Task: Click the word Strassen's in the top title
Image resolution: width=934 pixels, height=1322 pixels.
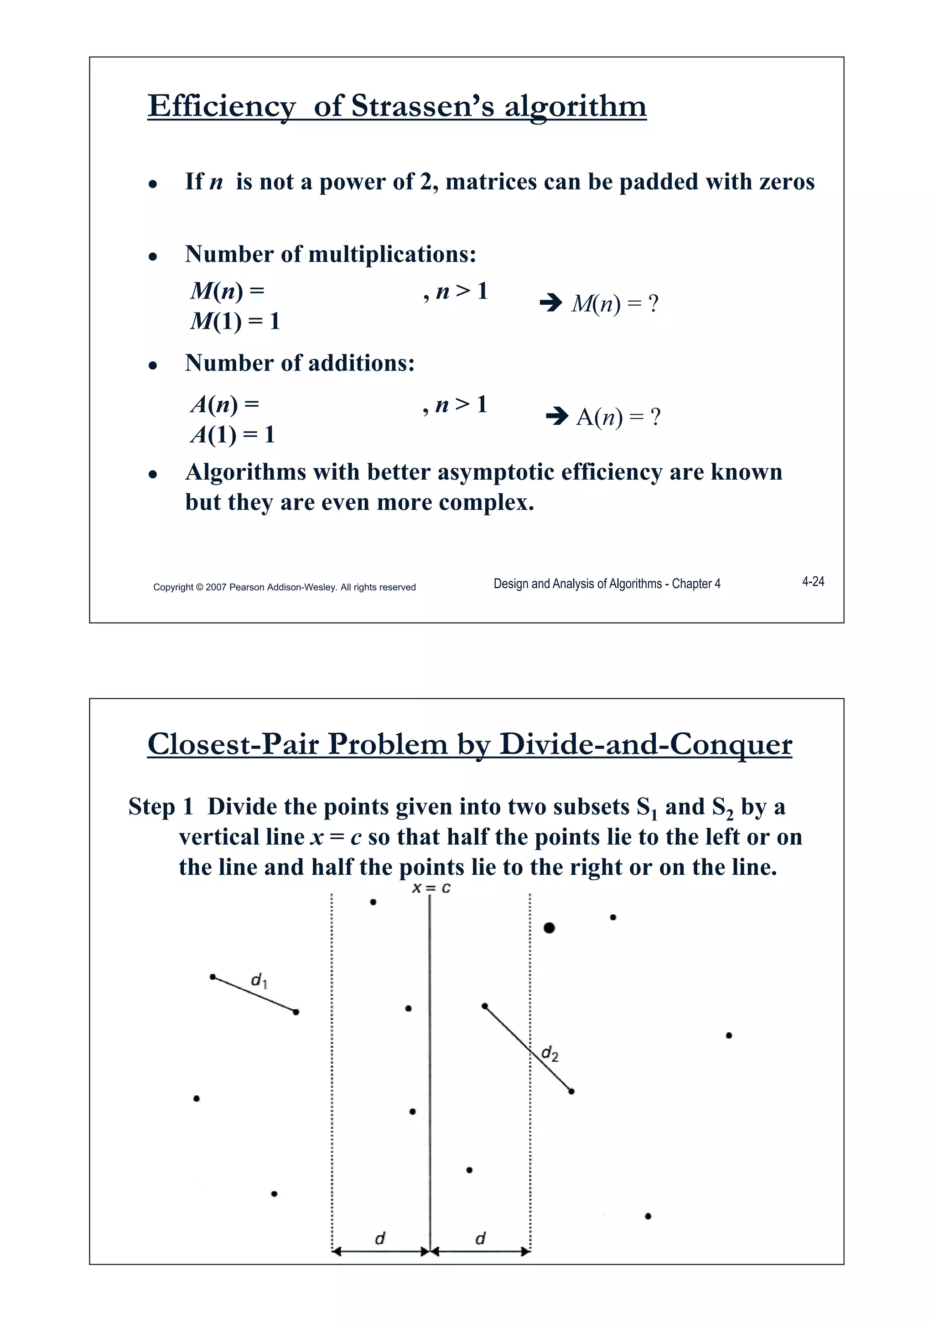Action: pos(422,106)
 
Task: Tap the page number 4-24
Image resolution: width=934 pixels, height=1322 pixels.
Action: pos(813,581)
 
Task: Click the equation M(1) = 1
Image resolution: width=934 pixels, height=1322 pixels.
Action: pos(235,321)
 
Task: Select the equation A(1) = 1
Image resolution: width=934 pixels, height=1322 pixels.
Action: pos(233,435)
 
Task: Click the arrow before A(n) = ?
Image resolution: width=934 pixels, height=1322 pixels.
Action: pos(556,416)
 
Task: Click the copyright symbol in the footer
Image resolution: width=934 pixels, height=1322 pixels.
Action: pos(200,587)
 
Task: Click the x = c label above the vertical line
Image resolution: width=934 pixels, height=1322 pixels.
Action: pos(431,888)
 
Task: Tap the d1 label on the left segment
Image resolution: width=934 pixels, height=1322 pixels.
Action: pos(259,980)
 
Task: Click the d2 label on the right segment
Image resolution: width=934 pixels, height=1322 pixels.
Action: pos(550,1054)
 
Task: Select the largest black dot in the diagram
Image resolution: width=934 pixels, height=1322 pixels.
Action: pos(549,928)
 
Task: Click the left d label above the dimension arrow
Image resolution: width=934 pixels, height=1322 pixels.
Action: pos(380,1238)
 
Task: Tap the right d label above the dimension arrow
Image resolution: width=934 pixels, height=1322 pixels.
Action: pos(481,1238)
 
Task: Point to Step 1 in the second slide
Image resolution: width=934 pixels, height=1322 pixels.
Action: pos(160,807)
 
